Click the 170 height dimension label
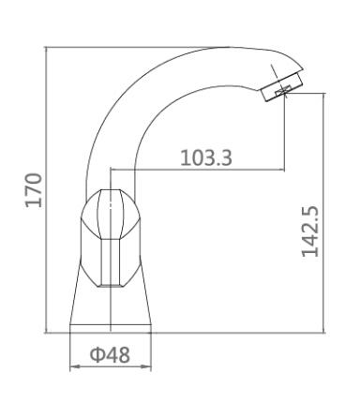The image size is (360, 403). tap(34, 189)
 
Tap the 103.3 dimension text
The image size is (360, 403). tap(206, 157)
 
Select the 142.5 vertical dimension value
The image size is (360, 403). tap(310, 231)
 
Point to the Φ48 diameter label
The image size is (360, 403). tap(110, 355)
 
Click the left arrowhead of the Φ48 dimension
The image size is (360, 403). tap(74, 367)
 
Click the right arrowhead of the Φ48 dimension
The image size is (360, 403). tap(147, 367)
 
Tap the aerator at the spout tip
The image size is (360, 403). tap(281, 86)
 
